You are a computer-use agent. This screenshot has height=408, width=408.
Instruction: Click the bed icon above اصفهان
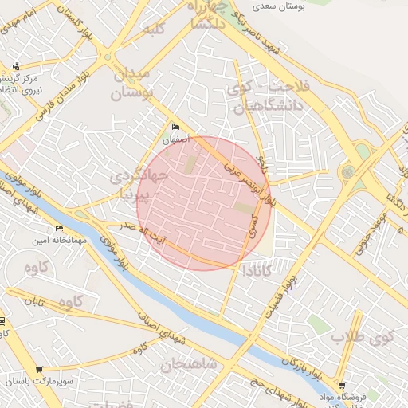point(176,127)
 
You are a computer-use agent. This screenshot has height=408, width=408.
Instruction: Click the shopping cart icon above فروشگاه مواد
point(342,384)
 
